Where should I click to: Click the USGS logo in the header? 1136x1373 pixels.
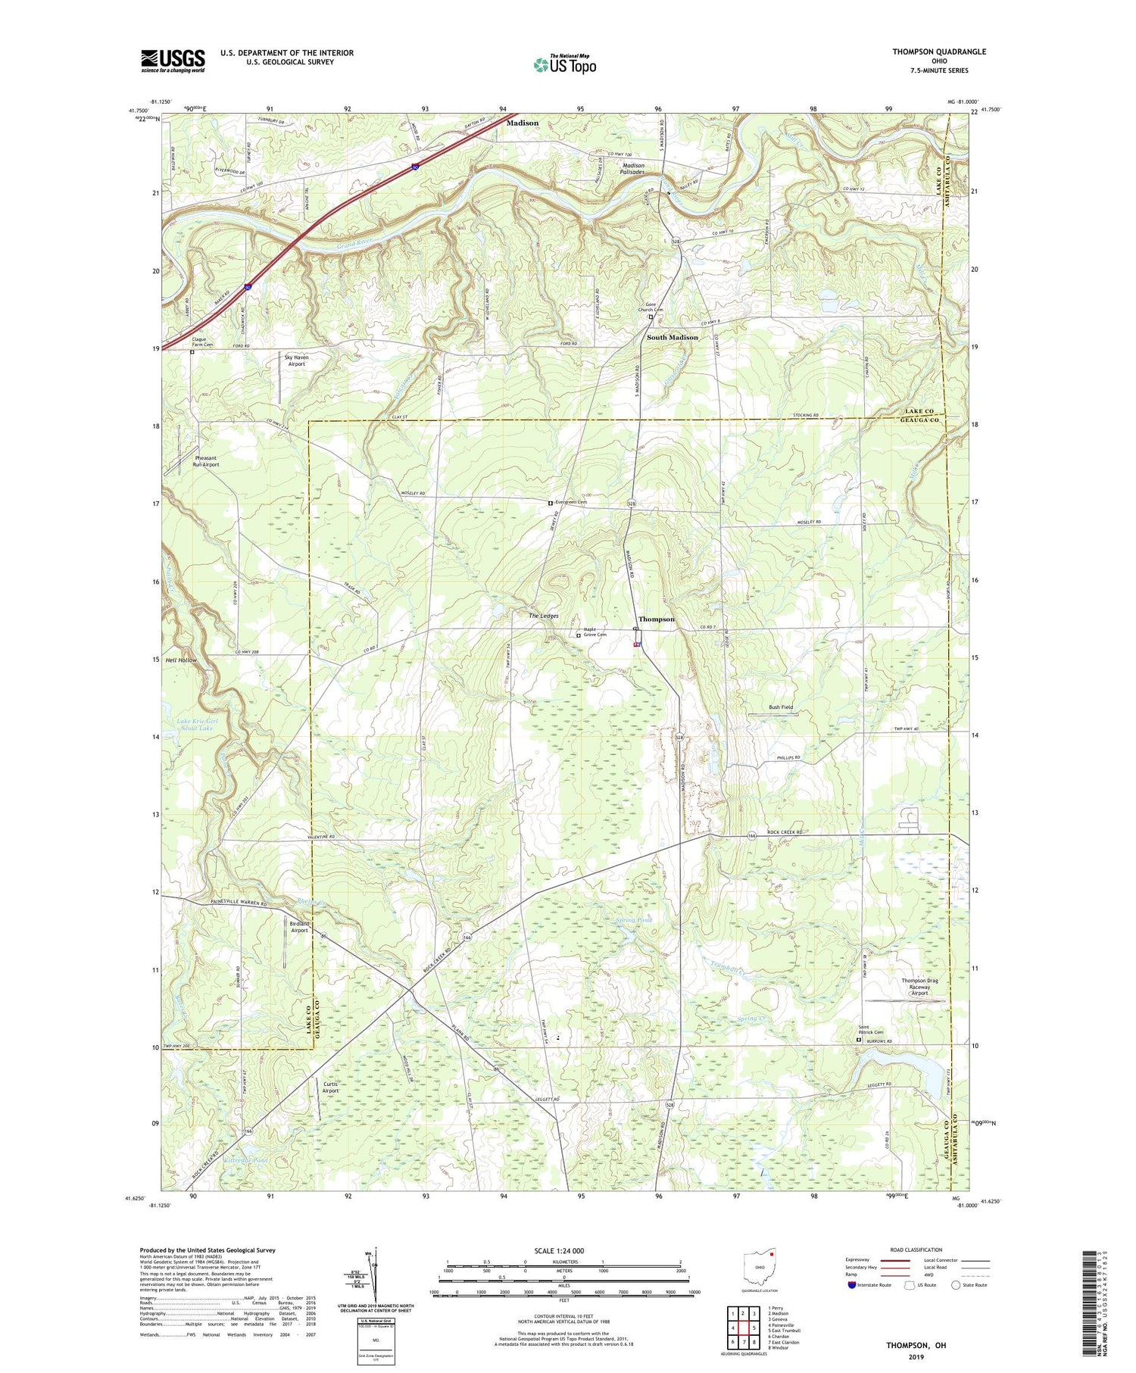(173, 61)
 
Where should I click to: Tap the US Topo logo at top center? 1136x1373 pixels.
(564, 64)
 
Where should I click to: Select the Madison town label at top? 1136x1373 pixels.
(523, 123)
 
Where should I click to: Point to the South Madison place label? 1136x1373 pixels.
(672, 337)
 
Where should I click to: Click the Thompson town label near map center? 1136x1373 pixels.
(656, 619)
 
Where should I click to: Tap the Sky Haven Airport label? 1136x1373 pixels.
(296, 360)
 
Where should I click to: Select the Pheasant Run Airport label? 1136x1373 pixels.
(206, 461)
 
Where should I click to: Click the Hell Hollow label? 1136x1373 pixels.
(181, 660)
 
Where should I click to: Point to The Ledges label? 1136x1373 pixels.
(543, 616)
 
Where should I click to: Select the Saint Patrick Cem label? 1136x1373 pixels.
(870, 1030)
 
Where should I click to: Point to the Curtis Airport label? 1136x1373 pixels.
(330, 1087)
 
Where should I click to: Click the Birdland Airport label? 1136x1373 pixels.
(299, 927)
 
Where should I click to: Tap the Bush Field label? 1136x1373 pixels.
(781, 707)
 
